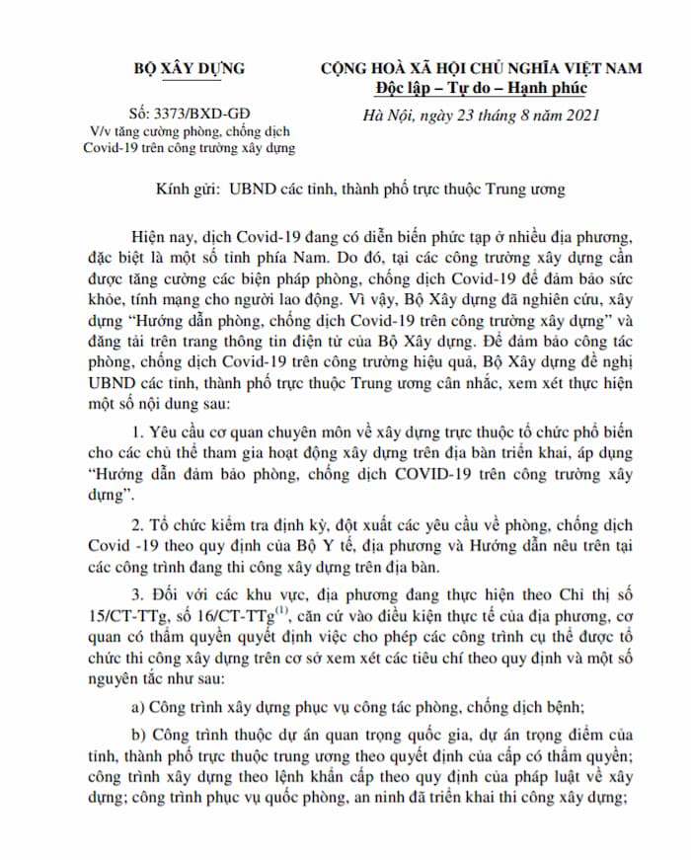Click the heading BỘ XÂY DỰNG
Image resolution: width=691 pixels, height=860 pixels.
click(x=190, y=68)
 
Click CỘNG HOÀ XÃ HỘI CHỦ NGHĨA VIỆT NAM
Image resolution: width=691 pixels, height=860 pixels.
click(x=480, y=68)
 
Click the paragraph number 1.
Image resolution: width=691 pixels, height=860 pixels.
click(x=134, y=434)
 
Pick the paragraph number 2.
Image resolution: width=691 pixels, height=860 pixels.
click(x=134, y=522)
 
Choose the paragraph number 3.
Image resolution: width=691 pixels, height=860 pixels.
click(x=134, y=592)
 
